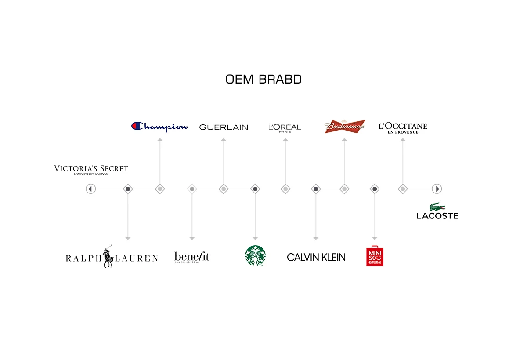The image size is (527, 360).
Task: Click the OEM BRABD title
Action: coord(263,80)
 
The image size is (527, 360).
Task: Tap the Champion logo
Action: coord(160,127)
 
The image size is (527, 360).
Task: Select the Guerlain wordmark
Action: coord(224,127)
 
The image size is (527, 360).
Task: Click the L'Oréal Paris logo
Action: coord(285,127)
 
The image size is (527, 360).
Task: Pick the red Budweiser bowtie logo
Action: coord(345,127)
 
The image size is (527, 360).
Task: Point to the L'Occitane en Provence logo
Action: coord(403,128)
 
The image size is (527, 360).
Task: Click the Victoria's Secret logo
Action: coord(91,170)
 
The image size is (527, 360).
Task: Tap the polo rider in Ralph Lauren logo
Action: coord(108,257)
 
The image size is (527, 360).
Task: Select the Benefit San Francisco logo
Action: coord(192,257)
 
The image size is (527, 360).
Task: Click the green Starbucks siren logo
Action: coord(255,256)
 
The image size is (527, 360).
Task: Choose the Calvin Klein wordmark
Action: coord(316,257)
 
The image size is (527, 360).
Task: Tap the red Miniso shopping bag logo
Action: coord(375,256)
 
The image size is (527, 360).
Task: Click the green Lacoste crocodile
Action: coord(437,207)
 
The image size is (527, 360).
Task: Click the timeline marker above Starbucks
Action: coord(255,189)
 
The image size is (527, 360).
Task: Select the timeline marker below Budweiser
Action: coord(344,189)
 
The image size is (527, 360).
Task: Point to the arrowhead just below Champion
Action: coord(160,140)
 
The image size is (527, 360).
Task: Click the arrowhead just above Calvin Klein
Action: coord(316,238)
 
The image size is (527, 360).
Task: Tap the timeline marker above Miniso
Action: coord(375,189)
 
